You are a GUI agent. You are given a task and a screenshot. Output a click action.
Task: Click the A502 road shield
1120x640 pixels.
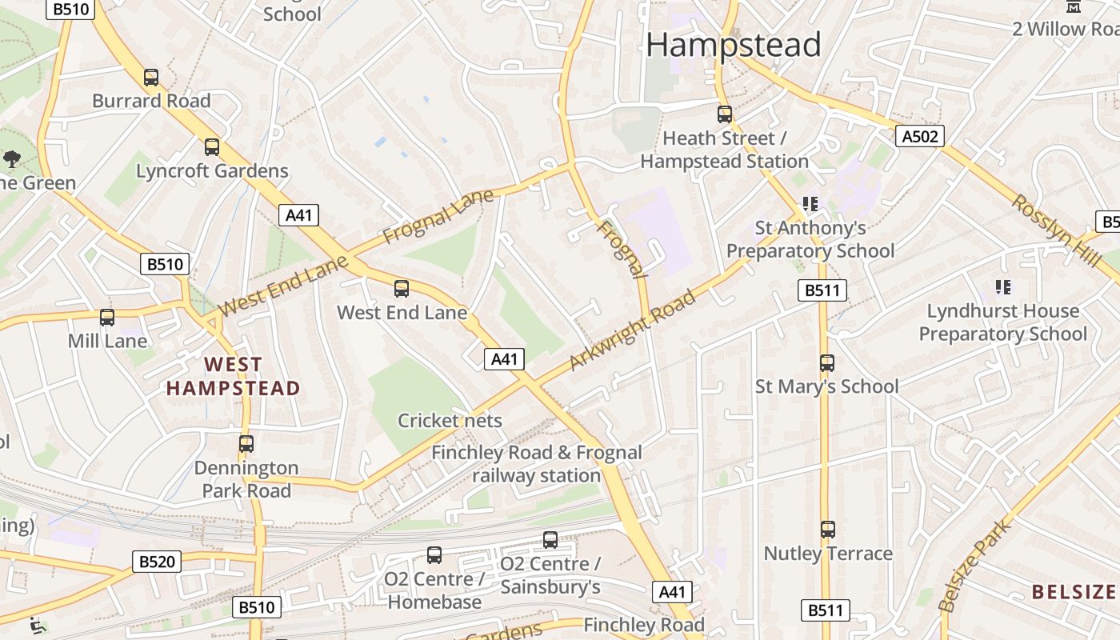coord(919,136)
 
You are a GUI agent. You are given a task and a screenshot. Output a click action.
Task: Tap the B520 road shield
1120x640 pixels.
coord(156,562)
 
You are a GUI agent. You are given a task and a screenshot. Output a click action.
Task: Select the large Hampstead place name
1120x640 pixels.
coord(733,44)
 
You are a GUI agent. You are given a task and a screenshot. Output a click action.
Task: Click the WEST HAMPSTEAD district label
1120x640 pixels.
coord(233,377)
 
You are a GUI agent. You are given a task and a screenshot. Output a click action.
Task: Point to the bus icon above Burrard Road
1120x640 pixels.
coord(151,78)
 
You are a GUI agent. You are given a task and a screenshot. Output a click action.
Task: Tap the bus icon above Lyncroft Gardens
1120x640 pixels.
coord(212,147)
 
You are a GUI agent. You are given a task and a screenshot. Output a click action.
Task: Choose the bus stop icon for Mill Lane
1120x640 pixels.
coord(107,318)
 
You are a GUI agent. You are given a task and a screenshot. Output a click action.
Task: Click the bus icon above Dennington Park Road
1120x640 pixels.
coord(246,443)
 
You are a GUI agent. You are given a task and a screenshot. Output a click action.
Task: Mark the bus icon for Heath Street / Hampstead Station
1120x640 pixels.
coord(725,114)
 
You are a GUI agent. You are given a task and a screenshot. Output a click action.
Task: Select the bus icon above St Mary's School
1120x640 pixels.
coord(827,363)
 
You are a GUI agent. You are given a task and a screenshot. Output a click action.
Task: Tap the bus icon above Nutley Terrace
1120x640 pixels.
coord(828,530)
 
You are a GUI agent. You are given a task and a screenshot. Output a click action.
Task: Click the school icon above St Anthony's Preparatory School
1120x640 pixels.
coord(810,204)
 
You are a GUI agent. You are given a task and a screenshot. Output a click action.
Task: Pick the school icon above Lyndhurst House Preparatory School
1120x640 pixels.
coord(1002,287)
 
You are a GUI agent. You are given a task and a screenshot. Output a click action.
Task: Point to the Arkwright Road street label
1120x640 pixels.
coord(632,331)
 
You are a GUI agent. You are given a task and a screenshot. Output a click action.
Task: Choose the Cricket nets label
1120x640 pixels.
coord(450,421)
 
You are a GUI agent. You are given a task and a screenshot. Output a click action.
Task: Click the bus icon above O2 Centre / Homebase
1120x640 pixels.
coord(434,555)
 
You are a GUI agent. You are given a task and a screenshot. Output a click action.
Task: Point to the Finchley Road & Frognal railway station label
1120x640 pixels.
coord(536,464)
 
